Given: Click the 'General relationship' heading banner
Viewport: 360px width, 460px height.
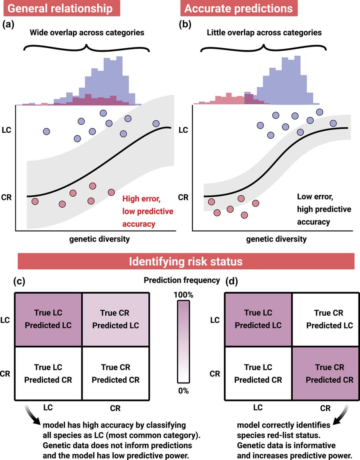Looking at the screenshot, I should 61,8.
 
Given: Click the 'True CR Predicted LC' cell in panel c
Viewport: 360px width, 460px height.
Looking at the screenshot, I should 115,319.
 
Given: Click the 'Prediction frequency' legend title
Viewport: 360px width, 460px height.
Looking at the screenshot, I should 182,280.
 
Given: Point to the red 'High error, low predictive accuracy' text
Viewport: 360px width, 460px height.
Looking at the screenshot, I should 147,211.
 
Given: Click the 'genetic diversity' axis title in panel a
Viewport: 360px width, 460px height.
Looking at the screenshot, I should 99,239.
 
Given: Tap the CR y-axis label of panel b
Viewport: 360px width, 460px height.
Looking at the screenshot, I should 184,198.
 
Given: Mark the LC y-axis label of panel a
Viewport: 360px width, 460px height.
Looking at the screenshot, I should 7,130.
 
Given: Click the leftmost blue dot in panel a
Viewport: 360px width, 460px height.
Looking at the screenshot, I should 47,131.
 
